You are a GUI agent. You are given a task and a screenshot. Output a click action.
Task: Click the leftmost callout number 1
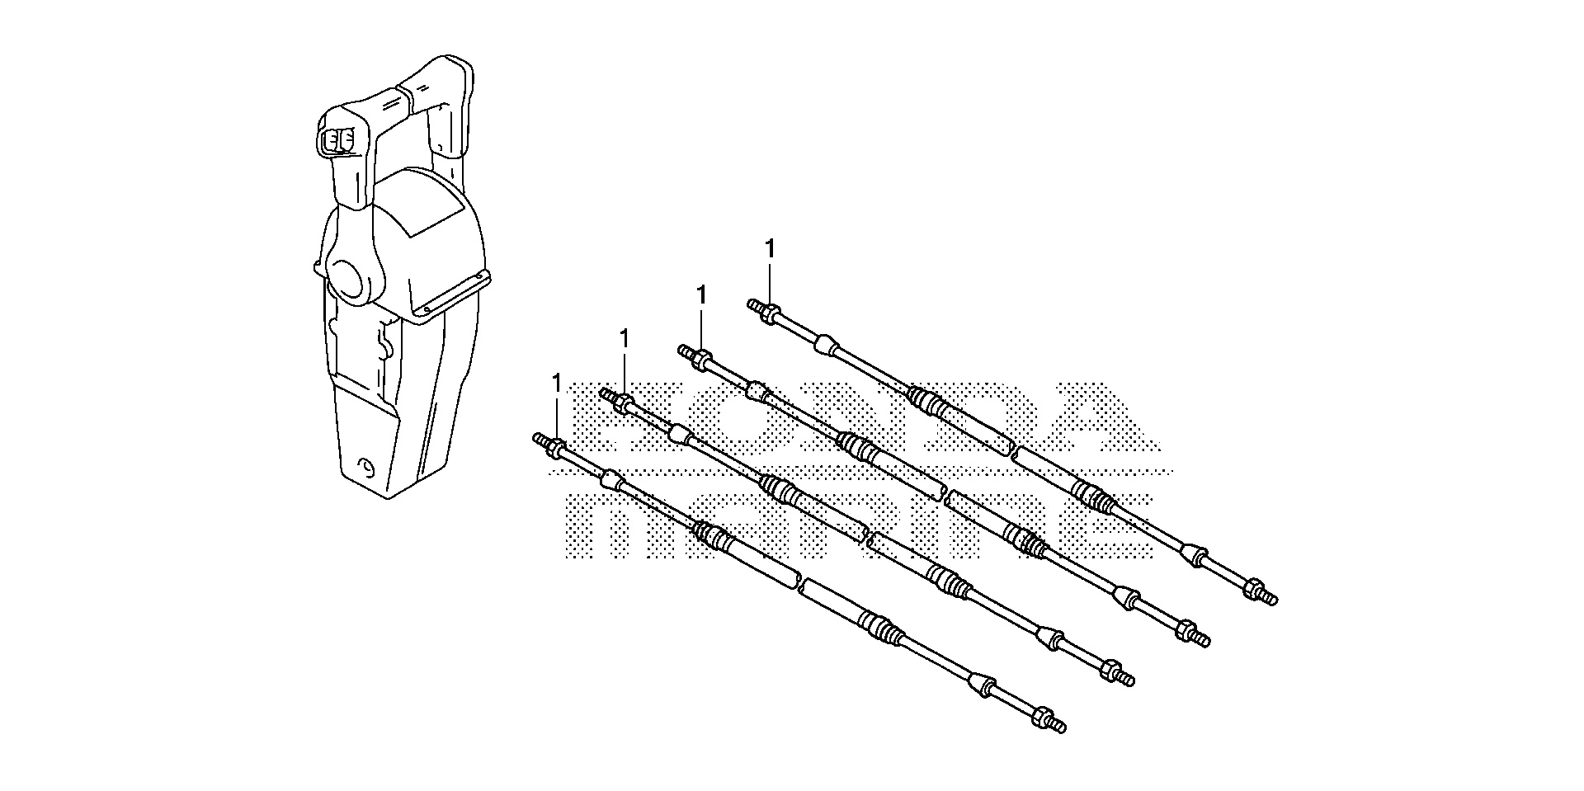(557, 384)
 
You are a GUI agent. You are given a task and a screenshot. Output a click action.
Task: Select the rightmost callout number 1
(770, 249)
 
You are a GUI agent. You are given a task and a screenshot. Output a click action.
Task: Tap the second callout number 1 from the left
(625, 339)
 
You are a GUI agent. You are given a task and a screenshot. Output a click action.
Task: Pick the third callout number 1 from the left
(701, 294)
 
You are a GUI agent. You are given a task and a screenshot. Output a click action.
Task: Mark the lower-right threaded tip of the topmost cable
(1271, 597)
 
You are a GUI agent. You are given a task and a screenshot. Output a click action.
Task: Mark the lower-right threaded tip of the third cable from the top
(1129, 680)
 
